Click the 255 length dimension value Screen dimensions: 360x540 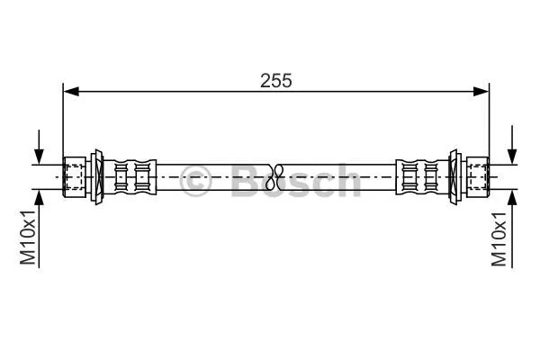click(277, 79)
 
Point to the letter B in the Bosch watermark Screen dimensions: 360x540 click(245, 182)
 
